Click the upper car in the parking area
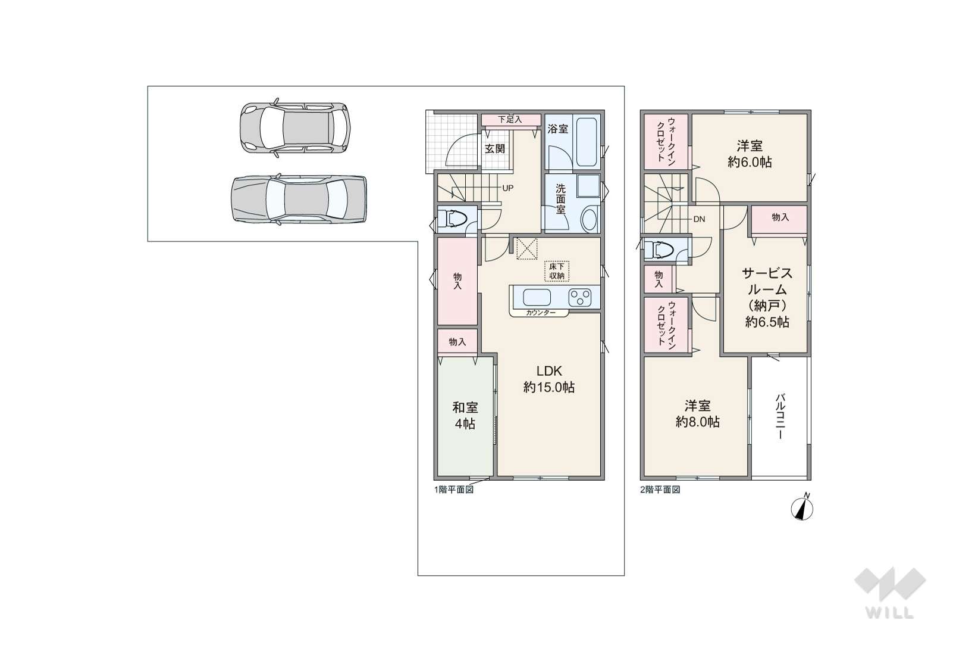click(295, 127)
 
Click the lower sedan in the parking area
click(299, 200)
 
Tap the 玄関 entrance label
click(495, 148)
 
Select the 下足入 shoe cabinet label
click(510, 119)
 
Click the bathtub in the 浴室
click(587, 142)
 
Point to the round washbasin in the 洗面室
click(590, 219)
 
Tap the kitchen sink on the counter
click(537, 298)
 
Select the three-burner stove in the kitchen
click(580, 298)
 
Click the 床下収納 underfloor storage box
click(557, 271)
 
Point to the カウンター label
click(541, 313)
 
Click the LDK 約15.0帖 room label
click(549, 379)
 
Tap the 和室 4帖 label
click(465, 416)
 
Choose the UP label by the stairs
click(508, 188)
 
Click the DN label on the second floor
click(699, 219)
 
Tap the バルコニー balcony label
click(780, 416)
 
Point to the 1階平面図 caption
click(453, 490)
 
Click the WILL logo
click(890, 593)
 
